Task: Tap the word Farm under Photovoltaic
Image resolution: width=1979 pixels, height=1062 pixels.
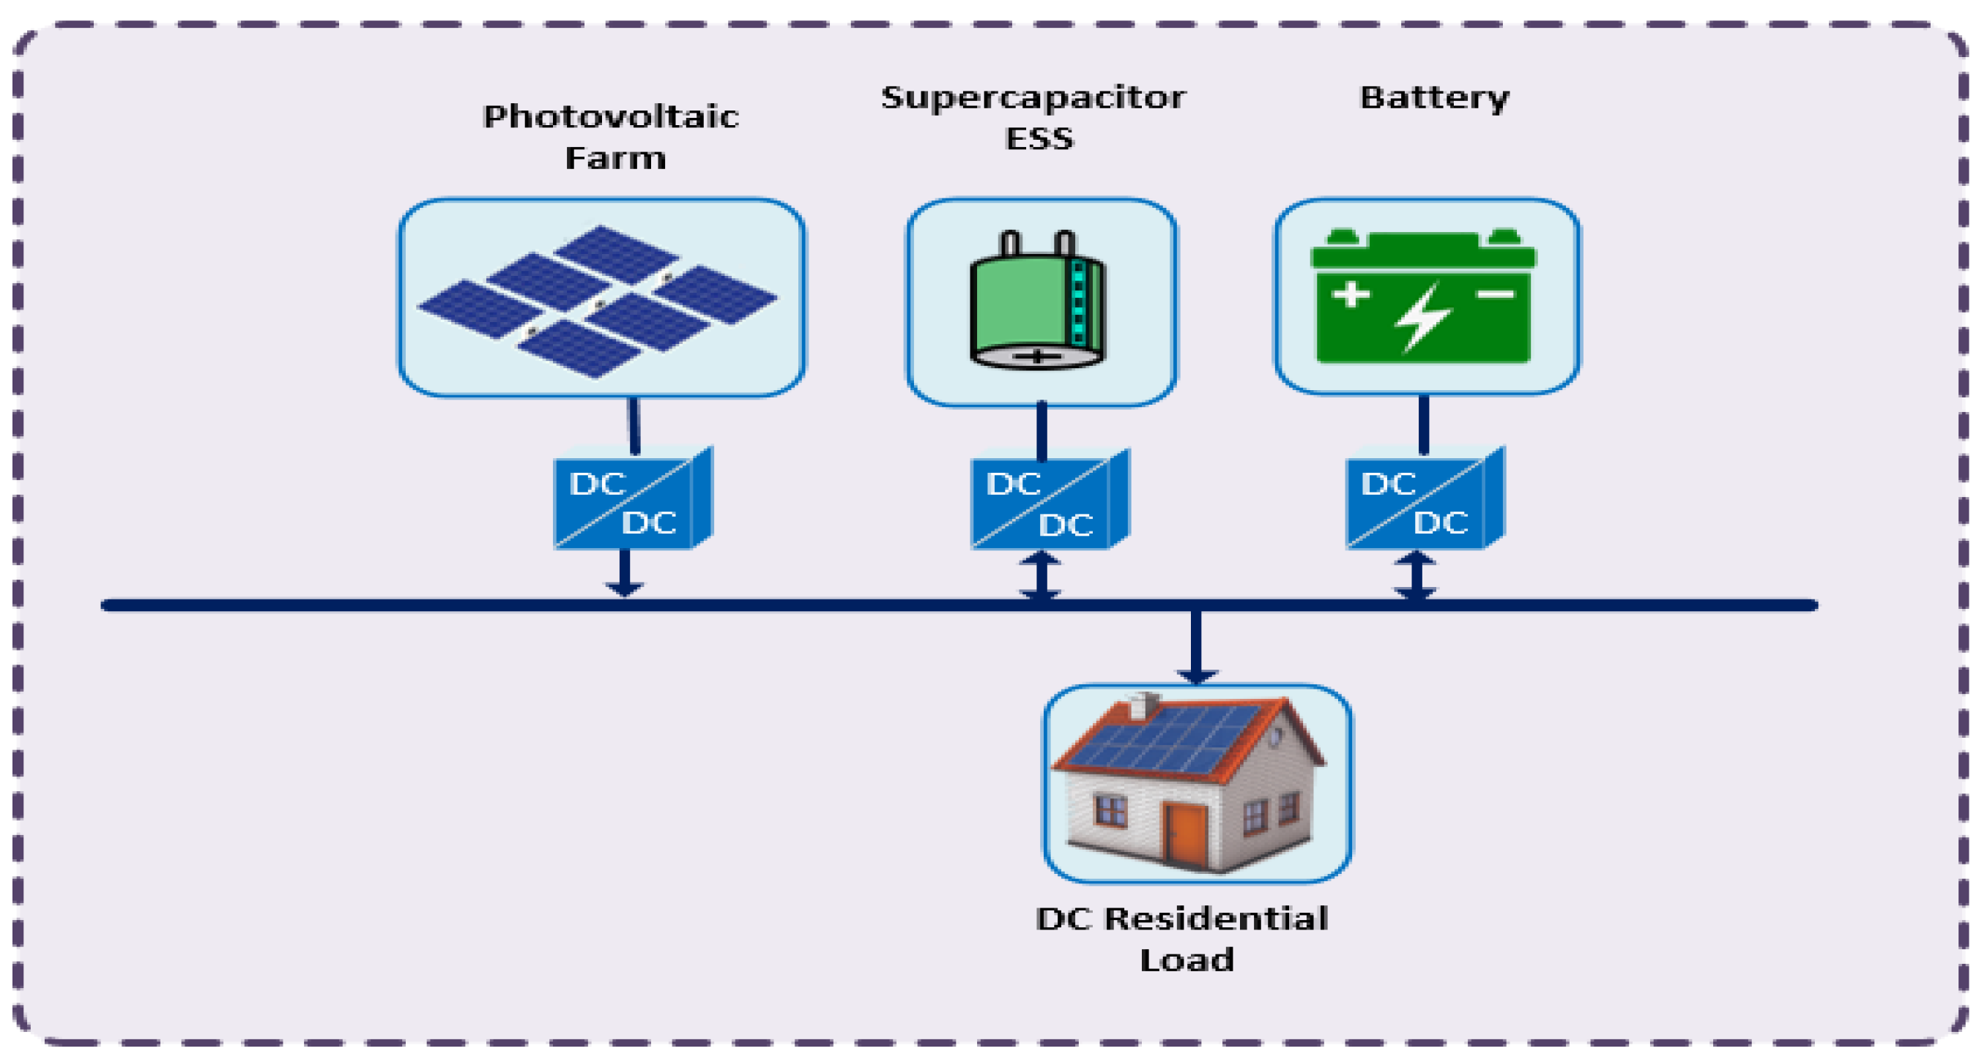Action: (x=615, y=158)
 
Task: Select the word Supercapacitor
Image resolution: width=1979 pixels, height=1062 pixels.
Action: (x=1033, y=98)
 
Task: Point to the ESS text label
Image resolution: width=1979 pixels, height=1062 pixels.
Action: (x=1039, y=139)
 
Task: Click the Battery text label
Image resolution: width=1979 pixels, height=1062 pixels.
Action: (x=1433, y=98)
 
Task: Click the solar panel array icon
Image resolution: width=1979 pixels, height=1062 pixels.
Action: (x=598, y=301)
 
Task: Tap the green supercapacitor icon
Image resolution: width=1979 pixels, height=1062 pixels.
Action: (x=1037, y=303)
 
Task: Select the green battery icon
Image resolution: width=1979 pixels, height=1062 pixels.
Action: (x=1424, y=298)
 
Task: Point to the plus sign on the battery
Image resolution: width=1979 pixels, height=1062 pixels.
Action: (x=1351, y=294)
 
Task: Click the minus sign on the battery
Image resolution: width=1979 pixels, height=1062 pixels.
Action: (x=1495, y=294)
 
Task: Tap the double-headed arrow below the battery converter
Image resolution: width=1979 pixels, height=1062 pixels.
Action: (x=1415, y=576)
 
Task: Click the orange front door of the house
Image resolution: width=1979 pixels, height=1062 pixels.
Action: (x=1185, y=834)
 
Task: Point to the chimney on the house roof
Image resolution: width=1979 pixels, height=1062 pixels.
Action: (x=1146, y=705)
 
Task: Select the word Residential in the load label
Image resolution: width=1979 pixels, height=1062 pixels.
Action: (x=1215, y=919)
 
